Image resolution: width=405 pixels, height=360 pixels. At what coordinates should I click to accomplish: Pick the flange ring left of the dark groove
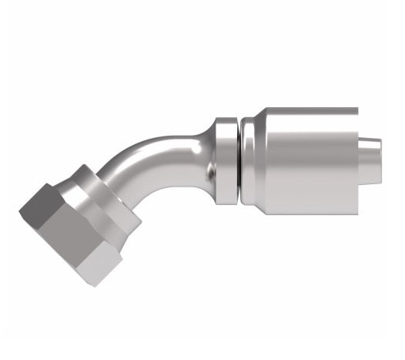coord(225,163)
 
